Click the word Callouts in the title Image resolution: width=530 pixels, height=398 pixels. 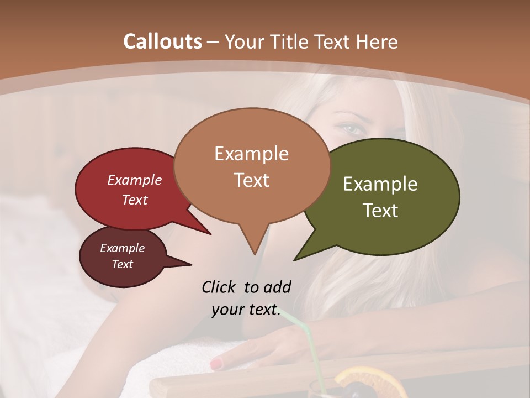pos(162,41)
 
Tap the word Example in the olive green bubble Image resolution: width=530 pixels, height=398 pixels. pos(380,184)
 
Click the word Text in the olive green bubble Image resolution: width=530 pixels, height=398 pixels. pos(380,211)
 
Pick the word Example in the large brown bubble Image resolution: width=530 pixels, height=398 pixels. pos(251,154)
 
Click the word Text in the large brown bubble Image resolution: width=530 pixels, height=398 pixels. pos(251,180)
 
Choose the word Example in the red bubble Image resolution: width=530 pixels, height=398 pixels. pos(134,180)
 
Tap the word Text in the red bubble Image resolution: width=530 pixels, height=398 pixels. pos(134,200)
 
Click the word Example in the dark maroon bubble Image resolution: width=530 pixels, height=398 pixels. pos(122,248)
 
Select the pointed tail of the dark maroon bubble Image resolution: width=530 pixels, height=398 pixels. pos(185,263)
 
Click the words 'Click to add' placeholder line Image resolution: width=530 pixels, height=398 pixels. pos(246,287)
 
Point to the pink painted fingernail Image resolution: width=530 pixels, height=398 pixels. pos(216,364)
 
